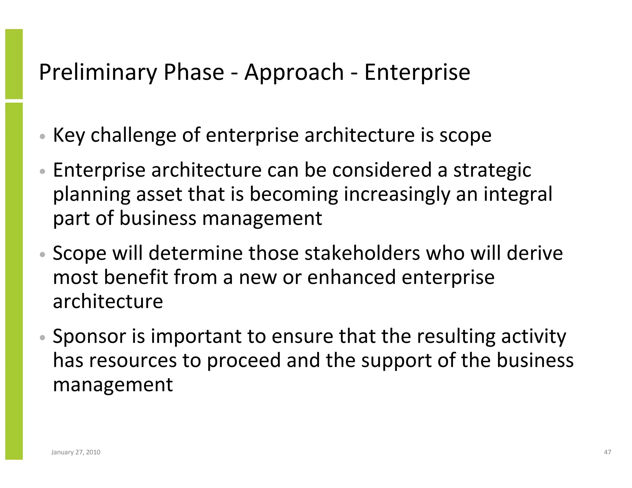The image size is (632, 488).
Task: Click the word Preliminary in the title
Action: pos(98,72)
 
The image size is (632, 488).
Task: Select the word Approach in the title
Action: pos(294,72)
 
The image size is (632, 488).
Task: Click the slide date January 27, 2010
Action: pos(76,452)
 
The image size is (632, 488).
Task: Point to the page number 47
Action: pos(607,452)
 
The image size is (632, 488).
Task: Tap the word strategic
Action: pos(492,170)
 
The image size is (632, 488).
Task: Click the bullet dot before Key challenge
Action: pos(43,136)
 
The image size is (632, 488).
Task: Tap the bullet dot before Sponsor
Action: pos(43,337)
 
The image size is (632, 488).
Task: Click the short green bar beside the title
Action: pos(14,64)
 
